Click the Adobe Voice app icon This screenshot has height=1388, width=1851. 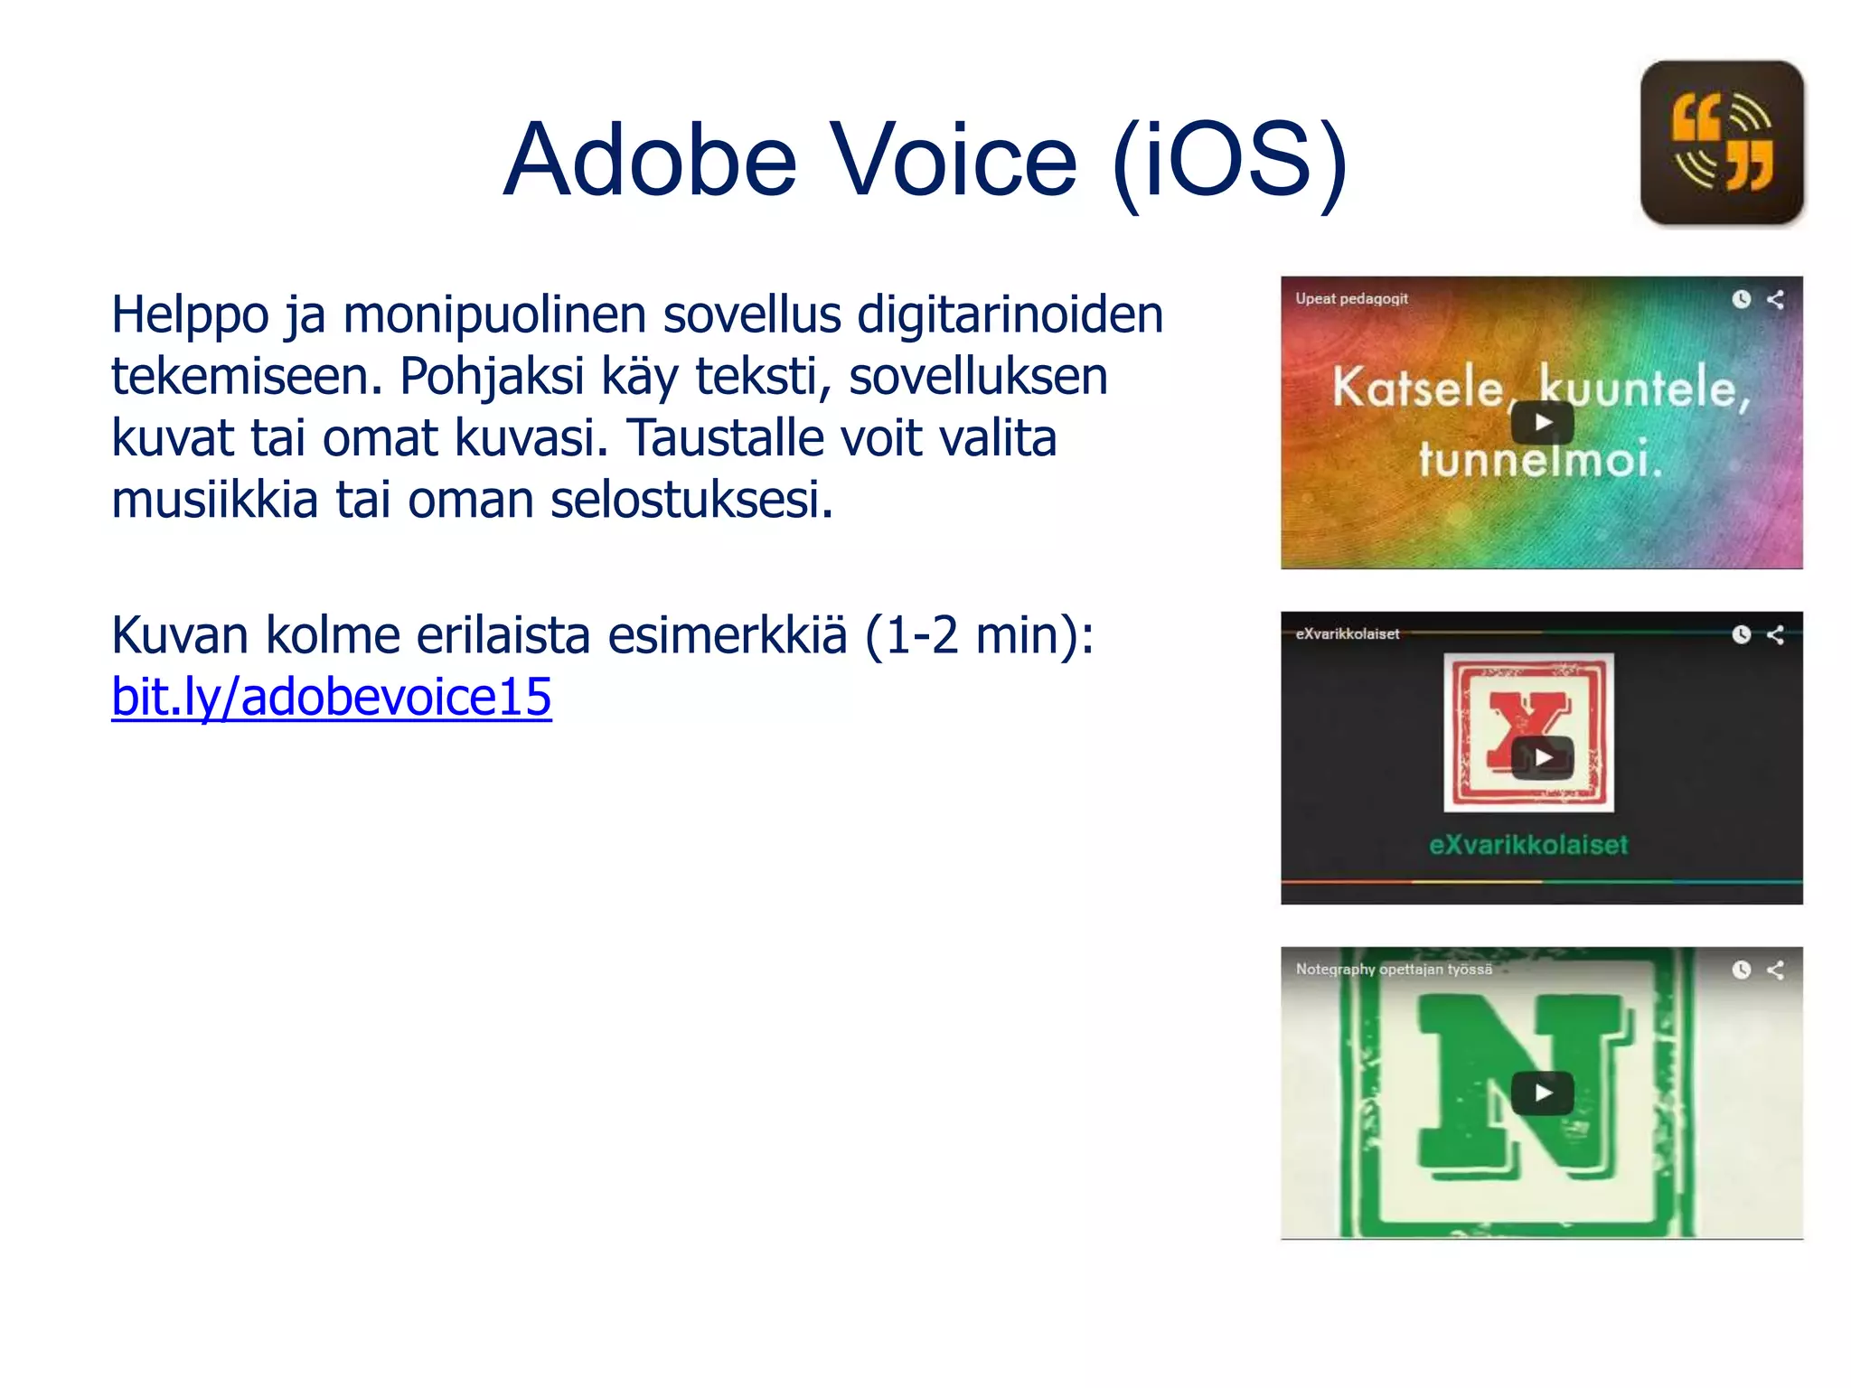[1722, 143]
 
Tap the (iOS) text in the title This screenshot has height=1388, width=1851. [1231, 162]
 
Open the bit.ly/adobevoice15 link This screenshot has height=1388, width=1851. [331, 698]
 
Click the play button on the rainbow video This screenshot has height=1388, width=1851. [1542, 422]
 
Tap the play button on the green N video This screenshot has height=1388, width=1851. [1542, 1093]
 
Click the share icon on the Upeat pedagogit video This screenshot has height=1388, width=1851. [1775, 299]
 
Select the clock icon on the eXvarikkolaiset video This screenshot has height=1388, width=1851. [1742, 634]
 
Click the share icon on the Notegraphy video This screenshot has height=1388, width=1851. [1775, 970]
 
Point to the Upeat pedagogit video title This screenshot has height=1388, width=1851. [1351, 299]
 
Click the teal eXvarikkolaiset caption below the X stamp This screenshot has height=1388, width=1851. [1528, 845]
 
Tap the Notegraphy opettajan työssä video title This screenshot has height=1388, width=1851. [1394, 970]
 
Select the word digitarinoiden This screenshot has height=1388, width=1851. [1010, 314]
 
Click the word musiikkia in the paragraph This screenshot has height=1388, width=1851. [214, 500]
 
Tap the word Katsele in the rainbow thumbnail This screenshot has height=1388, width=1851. [1416, 389]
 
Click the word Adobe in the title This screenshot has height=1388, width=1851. [651, 160]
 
